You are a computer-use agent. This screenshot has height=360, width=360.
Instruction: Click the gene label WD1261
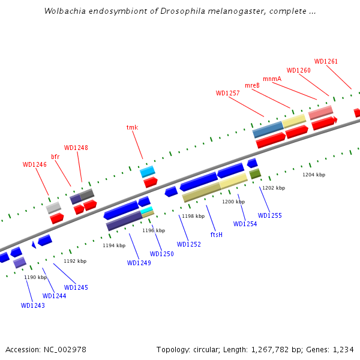tap(326, 61)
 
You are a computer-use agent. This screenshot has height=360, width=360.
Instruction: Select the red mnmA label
tap(272, 79)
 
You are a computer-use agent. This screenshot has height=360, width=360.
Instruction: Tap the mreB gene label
tap(252, 85)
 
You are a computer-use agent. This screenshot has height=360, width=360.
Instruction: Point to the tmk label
tap(132, 127)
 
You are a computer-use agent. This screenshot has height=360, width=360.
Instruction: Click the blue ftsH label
tap(217, 234)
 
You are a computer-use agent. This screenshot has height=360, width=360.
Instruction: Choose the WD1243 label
tap(33, 305)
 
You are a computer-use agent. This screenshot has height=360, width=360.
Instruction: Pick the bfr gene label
tap(55, 157)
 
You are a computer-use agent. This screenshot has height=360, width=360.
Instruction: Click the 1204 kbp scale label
tap(314, 175)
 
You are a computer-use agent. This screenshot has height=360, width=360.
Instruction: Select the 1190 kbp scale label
tap(35, 277)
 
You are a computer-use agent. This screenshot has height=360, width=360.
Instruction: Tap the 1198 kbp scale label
tap(193, 216)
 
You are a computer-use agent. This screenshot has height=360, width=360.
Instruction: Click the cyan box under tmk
tap(148, 172)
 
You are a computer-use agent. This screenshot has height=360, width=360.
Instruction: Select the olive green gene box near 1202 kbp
tap(255, 174)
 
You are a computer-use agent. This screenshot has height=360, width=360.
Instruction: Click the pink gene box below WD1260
tap(320, 112)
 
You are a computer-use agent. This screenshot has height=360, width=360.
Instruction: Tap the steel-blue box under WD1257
tap(268, 129)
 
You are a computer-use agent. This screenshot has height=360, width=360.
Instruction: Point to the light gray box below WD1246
tap(53, 208)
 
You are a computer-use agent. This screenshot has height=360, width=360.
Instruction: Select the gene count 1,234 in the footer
tap(343, 349)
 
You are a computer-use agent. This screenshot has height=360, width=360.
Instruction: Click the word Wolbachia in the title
tap(63, 11)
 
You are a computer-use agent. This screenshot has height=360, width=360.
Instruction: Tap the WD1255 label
tap(269, 215)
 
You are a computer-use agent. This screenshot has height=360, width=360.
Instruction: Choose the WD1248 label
tap(76, 148)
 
